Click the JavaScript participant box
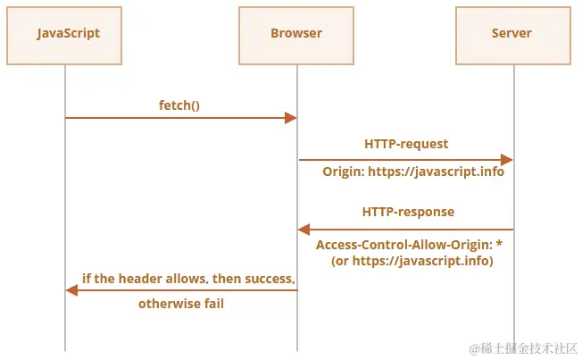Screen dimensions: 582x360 pos(64,36)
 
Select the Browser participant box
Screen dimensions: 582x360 pos(296,36)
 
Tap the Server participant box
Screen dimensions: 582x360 pos(513,36)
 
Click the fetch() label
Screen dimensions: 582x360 pos(179,105)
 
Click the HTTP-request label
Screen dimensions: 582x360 pos(406,144)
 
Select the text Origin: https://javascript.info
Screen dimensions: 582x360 pos(413,172)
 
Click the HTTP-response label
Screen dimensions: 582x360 pos(408,212)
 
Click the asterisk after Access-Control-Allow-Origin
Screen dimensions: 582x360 pos(499,243)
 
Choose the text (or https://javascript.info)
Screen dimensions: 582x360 pos(412,261)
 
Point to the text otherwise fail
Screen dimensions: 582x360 pos(181,304)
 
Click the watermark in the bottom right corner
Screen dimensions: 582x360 pos(523,349)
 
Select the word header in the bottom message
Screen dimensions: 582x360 pos(140,279)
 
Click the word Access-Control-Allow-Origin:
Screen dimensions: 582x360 pos(404,245)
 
